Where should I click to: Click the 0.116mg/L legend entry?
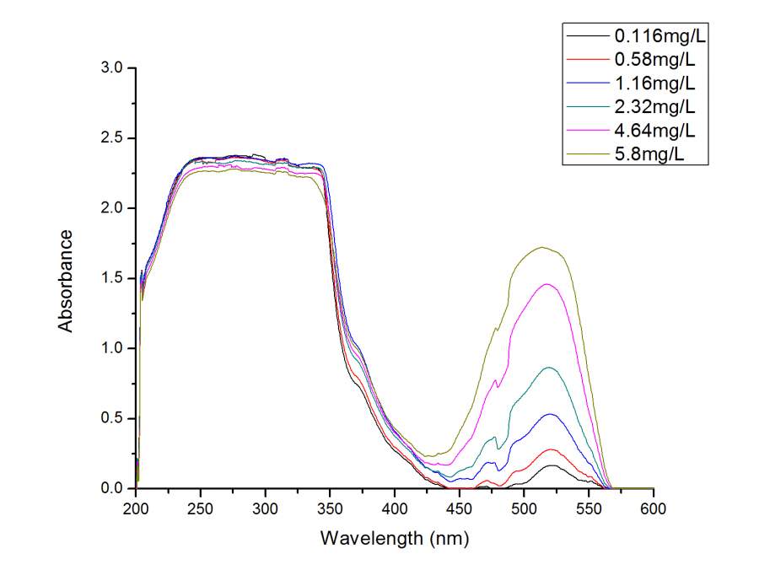pyautogui.click(x=654, y=36)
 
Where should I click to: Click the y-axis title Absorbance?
pyautogui.click(x=66, y=278)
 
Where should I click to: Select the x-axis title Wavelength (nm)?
pyautogui.click(x=395, y=537)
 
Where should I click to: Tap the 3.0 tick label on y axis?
pyautogui.click(x=112, y=67)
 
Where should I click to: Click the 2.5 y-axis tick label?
pyautogui.click(x=112, y=137)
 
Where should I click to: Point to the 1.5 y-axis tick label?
pyautogui.click(x=112, y=278)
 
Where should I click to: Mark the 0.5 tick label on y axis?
pyautogui.click(x=112, y=418)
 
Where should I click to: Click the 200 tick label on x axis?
pyautogui.click(x=137, y=508)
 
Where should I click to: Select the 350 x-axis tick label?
pyautogui.click(x=330, y=508)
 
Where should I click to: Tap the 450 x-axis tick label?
pyautogui.click(x=460, y=508)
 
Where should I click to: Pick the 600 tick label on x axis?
pyautogui.click(x=653, y=508)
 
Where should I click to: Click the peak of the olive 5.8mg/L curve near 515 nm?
pyautogui.click(x=542, y=247)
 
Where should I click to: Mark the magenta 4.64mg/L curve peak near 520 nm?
pyautogui.click(x=547, y=284)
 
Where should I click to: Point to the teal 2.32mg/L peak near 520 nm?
pyautogui.click(x=550, y=367)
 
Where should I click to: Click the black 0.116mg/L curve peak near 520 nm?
pyautogui.click(x=551, y=465)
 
